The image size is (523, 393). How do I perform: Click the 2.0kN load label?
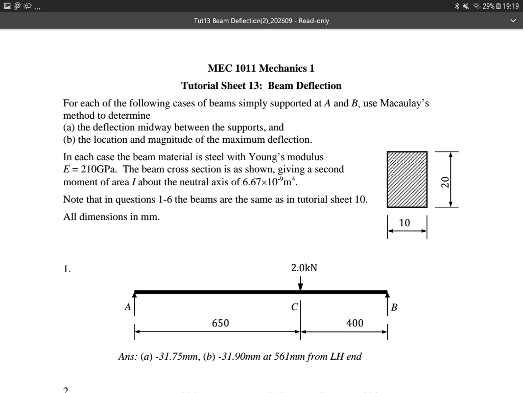tap(304, 268)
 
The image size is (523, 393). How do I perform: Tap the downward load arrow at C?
tap(300, 283)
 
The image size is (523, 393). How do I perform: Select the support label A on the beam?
tap(128, 308)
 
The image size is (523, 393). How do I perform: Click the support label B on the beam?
tap(394, 308)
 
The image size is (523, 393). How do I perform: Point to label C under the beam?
tap(294, 308)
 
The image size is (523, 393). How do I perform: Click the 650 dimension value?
tap(221, 323)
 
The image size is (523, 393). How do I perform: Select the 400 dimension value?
tap(354, 323)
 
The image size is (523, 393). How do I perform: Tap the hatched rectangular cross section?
tap(407, 179)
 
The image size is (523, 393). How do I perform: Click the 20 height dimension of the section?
tap(445, 182)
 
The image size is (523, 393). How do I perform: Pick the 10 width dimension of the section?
tap(404, 223)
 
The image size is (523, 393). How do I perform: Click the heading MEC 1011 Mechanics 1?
tap(261, 68)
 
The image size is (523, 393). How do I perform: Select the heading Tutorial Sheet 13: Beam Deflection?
tap(261, 85)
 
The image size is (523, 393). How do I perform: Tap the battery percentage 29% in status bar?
tap(488, 6)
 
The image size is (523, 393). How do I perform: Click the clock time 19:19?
tap(511, 6)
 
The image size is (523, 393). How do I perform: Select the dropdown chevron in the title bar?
tap(513, 21)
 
